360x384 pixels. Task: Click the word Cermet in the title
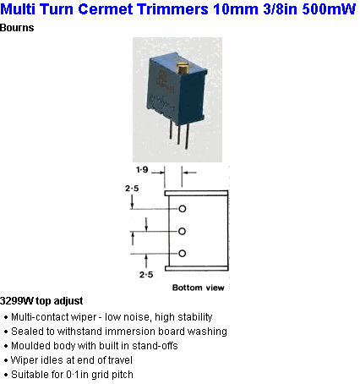[106, 9]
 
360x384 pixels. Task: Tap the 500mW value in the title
[329, 9]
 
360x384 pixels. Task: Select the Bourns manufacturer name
[17, 28]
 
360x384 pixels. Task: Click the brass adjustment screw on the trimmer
[182, 69]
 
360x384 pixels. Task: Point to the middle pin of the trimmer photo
[178, 134]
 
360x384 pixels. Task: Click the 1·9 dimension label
[142, 169]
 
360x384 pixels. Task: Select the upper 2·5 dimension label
[132, 188]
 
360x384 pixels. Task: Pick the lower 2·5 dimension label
[146, 274]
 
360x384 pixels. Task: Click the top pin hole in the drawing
[183, 209]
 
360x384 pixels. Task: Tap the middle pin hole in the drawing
[183, 231]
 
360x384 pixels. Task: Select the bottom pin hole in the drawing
[183, 253]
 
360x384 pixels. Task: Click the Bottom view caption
[199, 288]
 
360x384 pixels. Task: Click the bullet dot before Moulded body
[6, 347]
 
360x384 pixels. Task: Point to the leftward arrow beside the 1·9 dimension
[188, 172]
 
